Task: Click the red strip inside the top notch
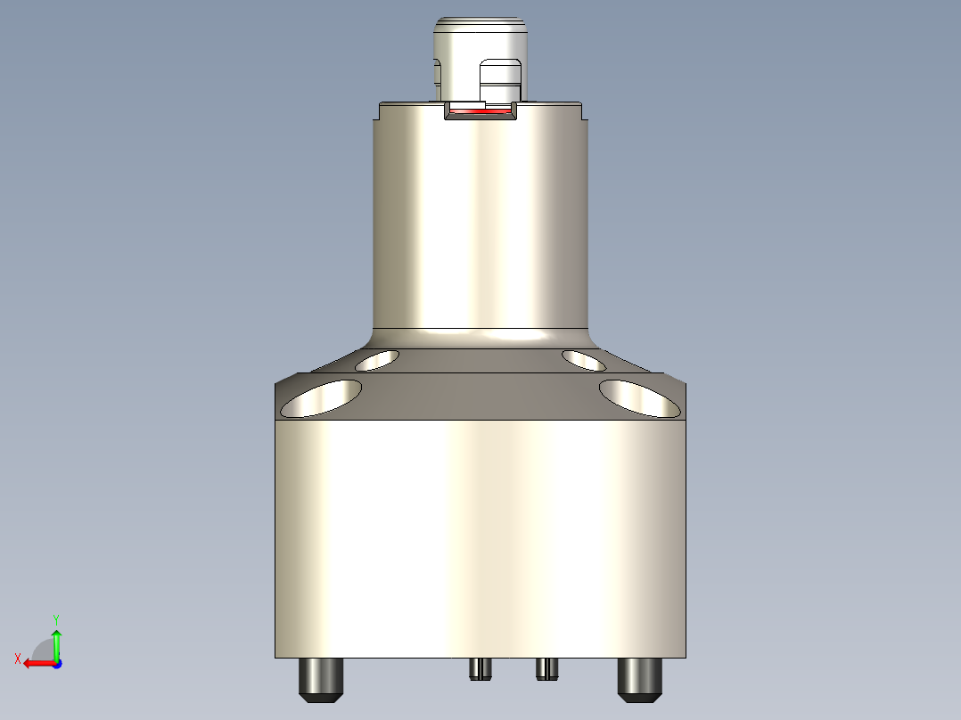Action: (480, 111)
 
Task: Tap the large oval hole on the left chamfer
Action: (322, 397)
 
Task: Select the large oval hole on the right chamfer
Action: (639, 397)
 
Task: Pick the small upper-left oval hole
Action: (377, 360)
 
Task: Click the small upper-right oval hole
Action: (585, 360)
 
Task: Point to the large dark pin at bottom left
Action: (321, 679)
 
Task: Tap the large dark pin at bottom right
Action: (640, 679)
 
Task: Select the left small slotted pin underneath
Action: (480, 668)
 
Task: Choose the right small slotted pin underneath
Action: (547, 667)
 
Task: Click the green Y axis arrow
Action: (56, 640)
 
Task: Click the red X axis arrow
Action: (36, 663)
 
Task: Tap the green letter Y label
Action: (56, 618)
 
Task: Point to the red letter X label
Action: (17, 659)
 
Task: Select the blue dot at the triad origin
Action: (56, 663)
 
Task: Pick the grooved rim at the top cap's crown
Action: (480, 20)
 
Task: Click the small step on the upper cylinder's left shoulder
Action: (376, 111)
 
